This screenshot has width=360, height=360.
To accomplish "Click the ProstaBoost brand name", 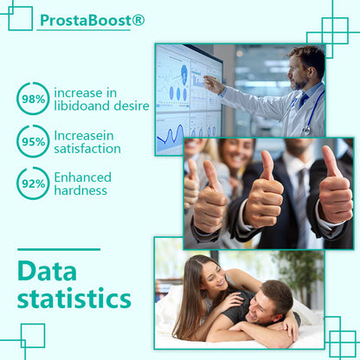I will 87,18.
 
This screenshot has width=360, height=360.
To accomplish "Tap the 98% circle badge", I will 34,99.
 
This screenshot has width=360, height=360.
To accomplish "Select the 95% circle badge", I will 34,141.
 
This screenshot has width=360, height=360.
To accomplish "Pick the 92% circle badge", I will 34,183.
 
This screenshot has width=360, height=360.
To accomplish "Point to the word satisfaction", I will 87,148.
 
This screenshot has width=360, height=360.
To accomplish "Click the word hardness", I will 80,190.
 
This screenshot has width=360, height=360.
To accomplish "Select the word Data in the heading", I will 47,272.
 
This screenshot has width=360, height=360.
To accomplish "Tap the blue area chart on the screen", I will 170,137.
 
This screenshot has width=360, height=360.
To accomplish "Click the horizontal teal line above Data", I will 58,249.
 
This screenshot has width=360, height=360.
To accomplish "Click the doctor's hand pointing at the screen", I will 210,83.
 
